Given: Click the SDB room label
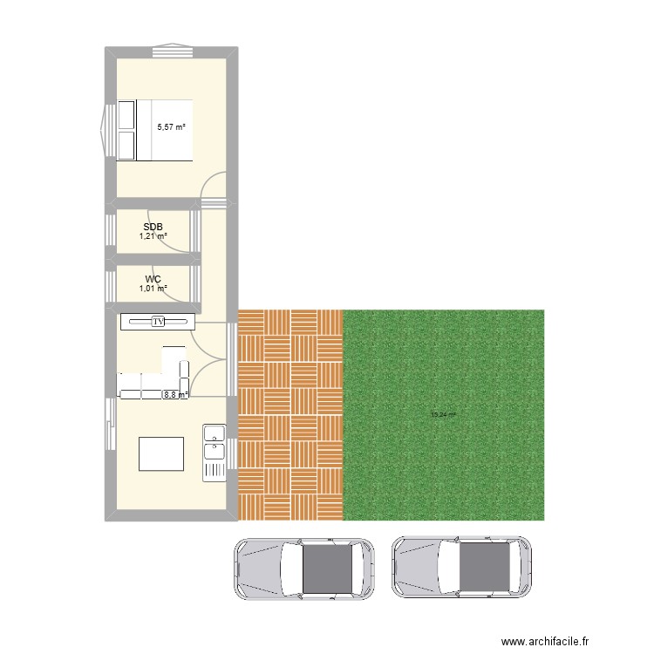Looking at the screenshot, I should coord(153,227).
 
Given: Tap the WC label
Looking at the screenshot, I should coord(153,279).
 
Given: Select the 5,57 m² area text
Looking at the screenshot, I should coord(171,127).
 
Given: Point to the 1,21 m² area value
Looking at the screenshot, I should coord(153,236).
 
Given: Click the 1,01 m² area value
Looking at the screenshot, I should coord(153,289).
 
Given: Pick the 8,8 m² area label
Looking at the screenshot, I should coord(174,394).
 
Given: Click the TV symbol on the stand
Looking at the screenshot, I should coord(158,323).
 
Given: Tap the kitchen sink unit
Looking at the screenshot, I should coord(214,452).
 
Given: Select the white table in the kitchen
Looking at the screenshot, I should coord(160,453).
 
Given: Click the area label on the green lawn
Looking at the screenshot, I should coord(443,415).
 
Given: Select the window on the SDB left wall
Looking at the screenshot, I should coord(111,234).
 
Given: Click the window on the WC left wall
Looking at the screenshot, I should coord(111,285).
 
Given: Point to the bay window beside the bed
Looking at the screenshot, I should coord(107,130).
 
